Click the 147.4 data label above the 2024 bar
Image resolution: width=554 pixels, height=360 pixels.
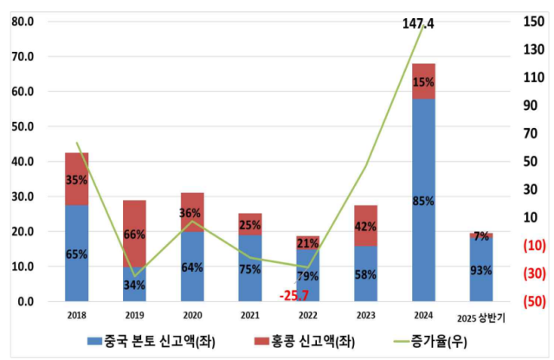tap(418, 24)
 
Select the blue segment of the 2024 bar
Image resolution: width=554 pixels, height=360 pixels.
tap(423, 199)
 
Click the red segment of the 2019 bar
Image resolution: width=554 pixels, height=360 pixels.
tap(134, 234)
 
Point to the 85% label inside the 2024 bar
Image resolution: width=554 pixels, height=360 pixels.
tap(423, 201)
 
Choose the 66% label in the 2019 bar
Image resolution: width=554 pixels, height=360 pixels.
tap(134, 235)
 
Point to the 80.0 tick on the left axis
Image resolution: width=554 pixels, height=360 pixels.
tap(22, 22)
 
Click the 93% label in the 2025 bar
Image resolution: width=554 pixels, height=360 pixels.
tap(481, 270)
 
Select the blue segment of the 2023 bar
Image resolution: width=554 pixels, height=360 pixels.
tap(365, 273)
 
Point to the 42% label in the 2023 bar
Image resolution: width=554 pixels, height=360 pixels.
tap(365, 227)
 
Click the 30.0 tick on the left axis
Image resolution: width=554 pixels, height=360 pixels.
tap(22, 196)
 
